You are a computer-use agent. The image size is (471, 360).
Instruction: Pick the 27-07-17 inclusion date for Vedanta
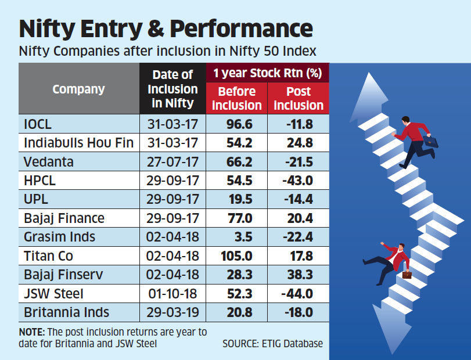pos(173,161)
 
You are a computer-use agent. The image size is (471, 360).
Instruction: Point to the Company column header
pos(78,89)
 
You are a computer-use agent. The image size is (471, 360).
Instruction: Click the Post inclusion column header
pos(299,98)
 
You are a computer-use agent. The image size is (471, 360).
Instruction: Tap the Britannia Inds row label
pos(66,312)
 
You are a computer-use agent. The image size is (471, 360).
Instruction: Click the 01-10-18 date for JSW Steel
pos(173,293)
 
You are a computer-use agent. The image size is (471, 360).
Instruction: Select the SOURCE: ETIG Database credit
pos(272,344)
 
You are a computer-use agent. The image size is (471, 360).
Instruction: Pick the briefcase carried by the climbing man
pos(430,140)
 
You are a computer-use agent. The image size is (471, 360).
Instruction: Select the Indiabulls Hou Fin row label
pos(78,142)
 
